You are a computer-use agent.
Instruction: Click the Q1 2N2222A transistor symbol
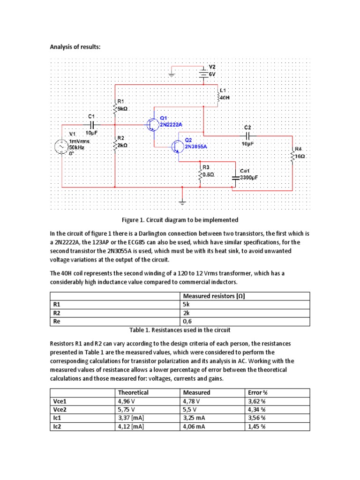tap(152, 125)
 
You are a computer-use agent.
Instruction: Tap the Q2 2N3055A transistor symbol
tap(178, 147)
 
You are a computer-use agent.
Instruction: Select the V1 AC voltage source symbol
tap(62, 147)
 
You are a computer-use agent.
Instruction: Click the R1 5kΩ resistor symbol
tap(115, 107)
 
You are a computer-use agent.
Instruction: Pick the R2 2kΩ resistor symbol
tap(115, 145)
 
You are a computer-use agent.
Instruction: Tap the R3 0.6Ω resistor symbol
tap(200, 174)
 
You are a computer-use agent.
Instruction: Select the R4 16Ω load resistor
tap(292, 156)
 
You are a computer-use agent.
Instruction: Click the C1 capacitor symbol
tap(92, 125)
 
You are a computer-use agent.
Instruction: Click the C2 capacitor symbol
tap(247, 136)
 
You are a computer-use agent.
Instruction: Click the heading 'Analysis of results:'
tap(75, 47)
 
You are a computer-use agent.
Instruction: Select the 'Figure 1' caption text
tap(180, 220)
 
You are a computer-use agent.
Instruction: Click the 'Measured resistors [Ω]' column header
tap(214, 296)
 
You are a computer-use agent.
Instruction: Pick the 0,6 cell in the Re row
tap(187, 322)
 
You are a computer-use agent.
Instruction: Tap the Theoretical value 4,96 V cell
tap(127, 401)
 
